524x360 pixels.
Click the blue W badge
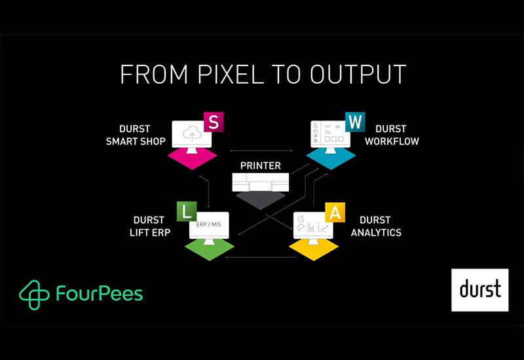354,122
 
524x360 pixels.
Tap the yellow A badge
334,212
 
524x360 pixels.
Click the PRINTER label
260,166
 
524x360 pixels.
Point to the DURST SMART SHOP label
136,135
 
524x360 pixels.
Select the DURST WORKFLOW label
392,135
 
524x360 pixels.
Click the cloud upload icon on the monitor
191,133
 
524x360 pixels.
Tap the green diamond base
210,248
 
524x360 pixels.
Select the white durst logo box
479,289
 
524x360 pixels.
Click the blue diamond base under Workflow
331,157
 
